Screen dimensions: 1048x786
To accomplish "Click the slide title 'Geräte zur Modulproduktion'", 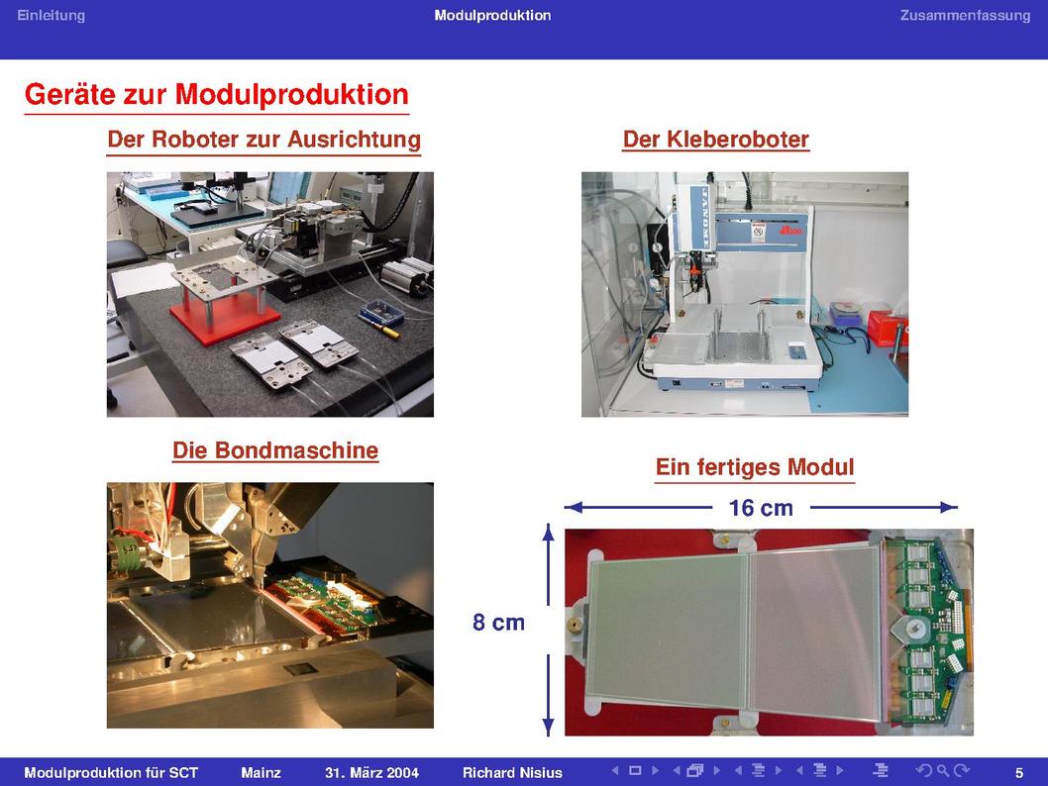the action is (217, 94).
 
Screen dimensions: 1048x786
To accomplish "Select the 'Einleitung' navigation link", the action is (51, 16).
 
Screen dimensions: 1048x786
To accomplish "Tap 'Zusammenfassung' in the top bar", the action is (965, 16).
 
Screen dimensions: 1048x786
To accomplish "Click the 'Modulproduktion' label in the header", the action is (492, 16).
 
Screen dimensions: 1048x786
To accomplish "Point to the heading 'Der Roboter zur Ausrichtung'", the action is (264, 139).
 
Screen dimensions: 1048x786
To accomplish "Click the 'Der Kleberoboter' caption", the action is (716, 139).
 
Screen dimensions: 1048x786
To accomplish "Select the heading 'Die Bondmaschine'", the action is (275, 450).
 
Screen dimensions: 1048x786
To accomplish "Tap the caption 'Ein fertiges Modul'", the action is (755, 467).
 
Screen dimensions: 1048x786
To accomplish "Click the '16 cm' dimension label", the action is (761, 508).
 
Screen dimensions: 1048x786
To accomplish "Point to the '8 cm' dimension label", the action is (498, 623).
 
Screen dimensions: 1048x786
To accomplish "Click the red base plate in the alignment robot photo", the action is (224, 321).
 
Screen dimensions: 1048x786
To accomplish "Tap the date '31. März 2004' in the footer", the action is (371, 773).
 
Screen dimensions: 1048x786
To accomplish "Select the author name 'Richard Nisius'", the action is (512, 773).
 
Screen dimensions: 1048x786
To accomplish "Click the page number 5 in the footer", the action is (1019, 773).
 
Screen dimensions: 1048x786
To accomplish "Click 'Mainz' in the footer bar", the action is (261, 773).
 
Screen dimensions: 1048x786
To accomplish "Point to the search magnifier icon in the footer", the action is (943, 770).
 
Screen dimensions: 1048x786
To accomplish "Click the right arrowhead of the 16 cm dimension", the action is (949, 508).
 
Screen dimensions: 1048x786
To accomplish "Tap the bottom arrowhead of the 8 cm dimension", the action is (548, 727).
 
